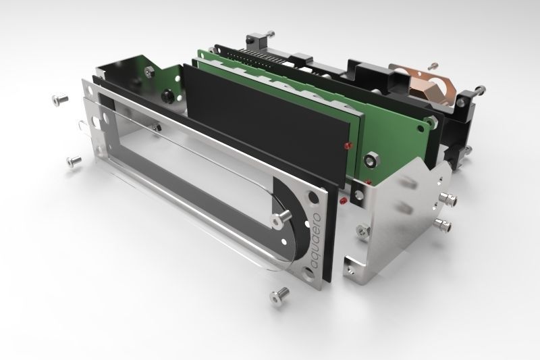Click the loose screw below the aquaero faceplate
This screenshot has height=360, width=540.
[279, 296]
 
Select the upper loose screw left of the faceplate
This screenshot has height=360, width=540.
[60, 99]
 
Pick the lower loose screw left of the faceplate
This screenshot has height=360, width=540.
[74, 161]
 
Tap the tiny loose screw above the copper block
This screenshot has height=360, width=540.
[434, 65]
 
